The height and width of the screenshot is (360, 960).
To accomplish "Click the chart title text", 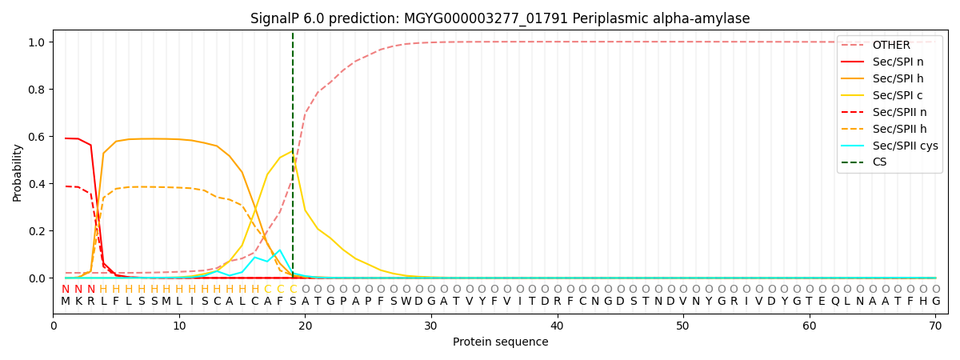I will pos(500,18).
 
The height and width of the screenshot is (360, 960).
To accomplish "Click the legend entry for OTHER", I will pos(887,45).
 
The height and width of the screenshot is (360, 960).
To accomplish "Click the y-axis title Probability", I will pos(18,172).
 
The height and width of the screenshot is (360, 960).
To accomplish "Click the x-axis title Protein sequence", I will pos(500,342).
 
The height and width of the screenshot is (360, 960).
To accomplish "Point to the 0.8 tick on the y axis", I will pos(38,89).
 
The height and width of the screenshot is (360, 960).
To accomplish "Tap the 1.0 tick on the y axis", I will pos(38,42).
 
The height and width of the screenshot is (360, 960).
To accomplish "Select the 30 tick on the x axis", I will pos(431,326).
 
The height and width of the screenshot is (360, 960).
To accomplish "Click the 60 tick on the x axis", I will pos(810,326).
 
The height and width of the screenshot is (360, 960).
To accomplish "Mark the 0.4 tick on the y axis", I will pos(38,184).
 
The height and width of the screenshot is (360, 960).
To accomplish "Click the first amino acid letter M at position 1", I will pos(66,302).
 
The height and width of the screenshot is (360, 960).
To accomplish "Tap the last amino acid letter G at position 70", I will pos(936,302).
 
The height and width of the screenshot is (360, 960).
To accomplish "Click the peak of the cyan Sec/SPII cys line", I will pos(280,250).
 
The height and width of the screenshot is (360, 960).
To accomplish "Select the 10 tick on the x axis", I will pos(179,326).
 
